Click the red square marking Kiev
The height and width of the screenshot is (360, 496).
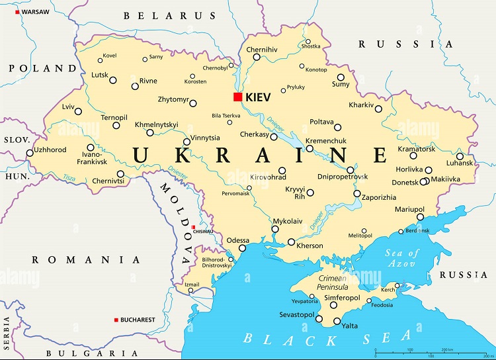tap(237, 97)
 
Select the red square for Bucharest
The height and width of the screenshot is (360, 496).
tap(117, 320)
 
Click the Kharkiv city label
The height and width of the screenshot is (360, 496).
tap(361, 105)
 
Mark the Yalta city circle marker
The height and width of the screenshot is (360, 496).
tap(337, 322)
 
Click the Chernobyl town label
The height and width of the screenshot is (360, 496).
tap(214, 67)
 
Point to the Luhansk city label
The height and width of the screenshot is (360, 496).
tap(460, 163)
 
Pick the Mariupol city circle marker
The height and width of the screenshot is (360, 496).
tap(420, 217)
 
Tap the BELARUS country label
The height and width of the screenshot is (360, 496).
tap(169, 15)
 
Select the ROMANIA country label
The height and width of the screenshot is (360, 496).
tap(86, 260)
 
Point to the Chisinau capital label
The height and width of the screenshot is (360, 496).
tap(203, 232)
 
